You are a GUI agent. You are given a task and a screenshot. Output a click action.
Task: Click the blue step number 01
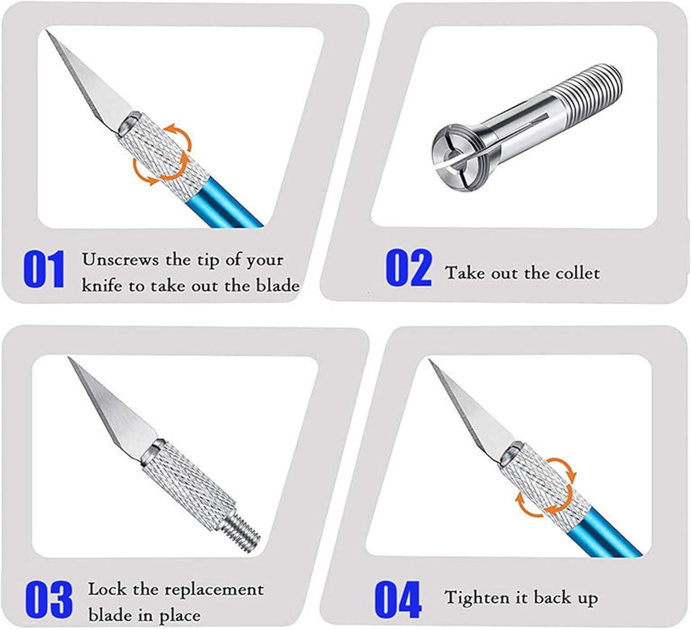pos(44,270)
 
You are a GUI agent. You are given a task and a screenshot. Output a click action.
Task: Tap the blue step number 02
pos(408,268)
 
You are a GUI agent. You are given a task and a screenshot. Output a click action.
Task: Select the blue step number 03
pos(48,600)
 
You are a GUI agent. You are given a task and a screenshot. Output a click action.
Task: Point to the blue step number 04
pos(398,600)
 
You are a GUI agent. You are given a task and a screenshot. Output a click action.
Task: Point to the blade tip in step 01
pos(47,32)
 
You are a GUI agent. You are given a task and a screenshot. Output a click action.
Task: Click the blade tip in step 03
pos(70,359)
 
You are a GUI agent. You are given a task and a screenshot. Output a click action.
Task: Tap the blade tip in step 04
pos(431,362)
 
